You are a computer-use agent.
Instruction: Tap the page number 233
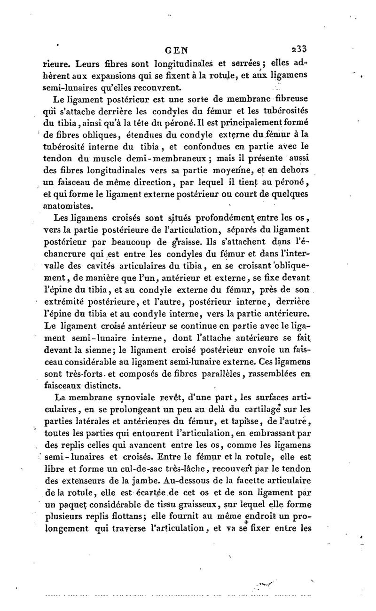point(299,48)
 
